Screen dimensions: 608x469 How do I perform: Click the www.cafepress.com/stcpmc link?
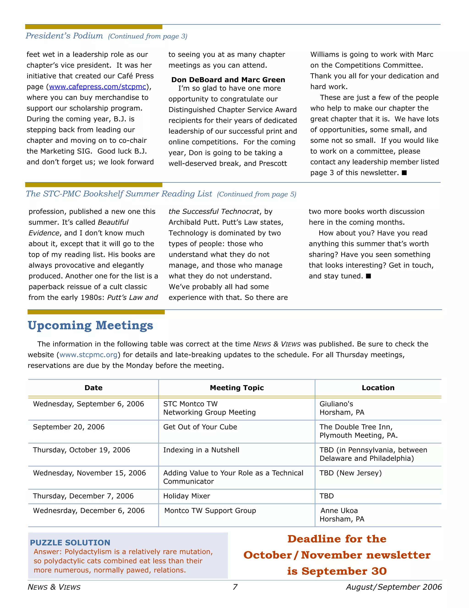[x=97, y=87]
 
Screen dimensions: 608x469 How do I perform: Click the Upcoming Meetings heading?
[x=90, y=325]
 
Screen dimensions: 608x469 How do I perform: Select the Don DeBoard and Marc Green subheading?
[x=228, y=80]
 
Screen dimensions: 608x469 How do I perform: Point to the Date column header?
[x=93, y=388]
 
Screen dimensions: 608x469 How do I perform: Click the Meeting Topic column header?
[x=237, y=388]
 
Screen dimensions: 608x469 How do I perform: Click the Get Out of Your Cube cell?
[x=200, y=427]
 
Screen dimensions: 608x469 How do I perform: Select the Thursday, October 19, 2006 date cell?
[x=81, y=450]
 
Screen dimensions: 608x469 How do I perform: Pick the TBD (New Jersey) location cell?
[x=350, y=473]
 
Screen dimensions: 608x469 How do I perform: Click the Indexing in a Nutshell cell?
[x=201, y=450]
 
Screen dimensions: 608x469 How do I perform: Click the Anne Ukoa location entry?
[x=339, y=511]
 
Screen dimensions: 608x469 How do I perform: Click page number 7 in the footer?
[x=235, y=587]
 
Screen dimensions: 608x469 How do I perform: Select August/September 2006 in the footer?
[x=394, y=587]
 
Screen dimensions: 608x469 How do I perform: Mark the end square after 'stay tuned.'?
[x=368, y=276]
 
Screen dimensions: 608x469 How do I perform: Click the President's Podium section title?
[x=64, y=36]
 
